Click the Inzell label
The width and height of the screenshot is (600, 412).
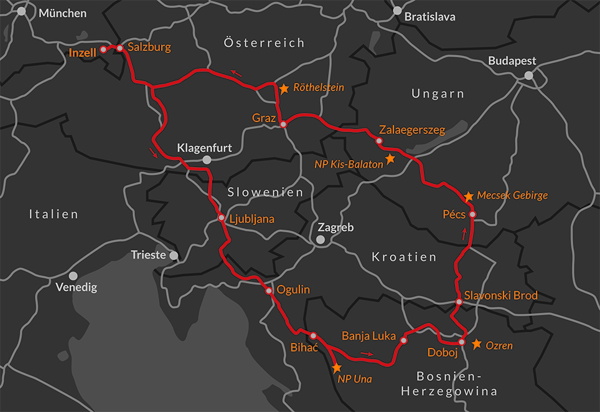[x=83, y=53]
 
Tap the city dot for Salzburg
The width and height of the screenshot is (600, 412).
[x=120, y=47]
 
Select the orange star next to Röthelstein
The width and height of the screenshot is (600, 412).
[x=284, y=89]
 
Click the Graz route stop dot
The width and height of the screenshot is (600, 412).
[x=283, y=125]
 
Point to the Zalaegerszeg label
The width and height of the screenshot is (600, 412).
[x=412, y=130]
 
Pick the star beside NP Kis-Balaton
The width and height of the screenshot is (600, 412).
[x=390, y=159]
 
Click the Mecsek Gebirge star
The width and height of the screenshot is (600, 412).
[x=469, y=196]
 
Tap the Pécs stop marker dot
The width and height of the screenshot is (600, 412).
[x=472, y=214]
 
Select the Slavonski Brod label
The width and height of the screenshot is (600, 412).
[x=500, y=295]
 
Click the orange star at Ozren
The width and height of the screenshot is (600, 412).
[x=477, y=344]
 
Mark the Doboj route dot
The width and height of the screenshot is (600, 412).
[x=462, y=342]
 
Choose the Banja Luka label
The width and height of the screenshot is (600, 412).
[x=368, y=336]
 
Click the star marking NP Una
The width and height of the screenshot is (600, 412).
[x=337, y=368]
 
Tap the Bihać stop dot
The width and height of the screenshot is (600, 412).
[x=313, y=335]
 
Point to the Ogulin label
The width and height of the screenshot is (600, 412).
[x=293, y=290]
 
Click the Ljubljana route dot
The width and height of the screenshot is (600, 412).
[x=221, y=218]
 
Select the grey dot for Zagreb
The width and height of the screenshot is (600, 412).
[x=320, y=239]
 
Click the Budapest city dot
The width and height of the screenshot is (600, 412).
[x=528, y=75]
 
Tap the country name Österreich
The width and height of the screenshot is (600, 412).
[x=264, y=43]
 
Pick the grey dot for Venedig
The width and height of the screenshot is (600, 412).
[x=73, y=275]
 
